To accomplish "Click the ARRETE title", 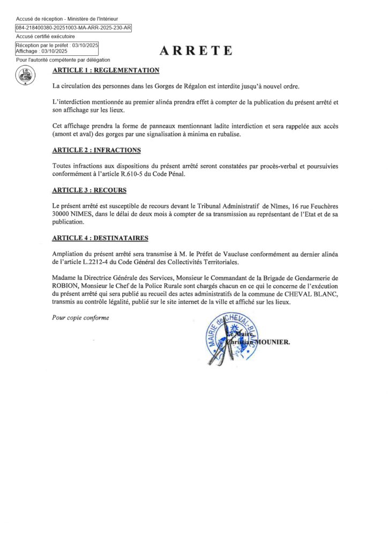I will tap(196, 51).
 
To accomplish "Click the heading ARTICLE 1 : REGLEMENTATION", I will tap(106, 70).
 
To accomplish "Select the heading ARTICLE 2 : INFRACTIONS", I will tap(96, 150).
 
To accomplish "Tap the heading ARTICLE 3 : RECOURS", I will tap(89, 190).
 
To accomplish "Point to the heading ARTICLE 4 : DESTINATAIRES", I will tap(100, 238).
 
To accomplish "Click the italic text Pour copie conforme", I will tap(80, 317).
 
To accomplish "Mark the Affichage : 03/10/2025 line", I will tap(41, 51).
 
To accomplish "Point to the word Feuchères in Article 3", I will tap(320, 206).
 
